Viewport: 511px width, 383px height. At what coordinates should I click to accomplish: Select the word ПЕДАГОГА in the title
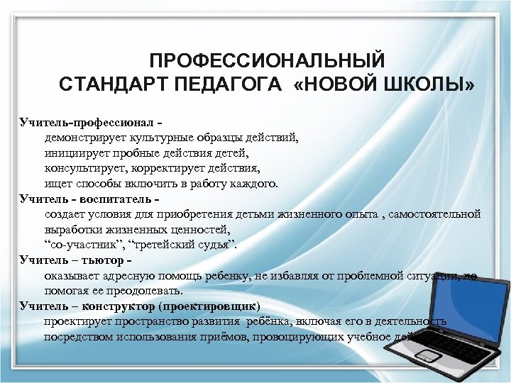224,86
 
